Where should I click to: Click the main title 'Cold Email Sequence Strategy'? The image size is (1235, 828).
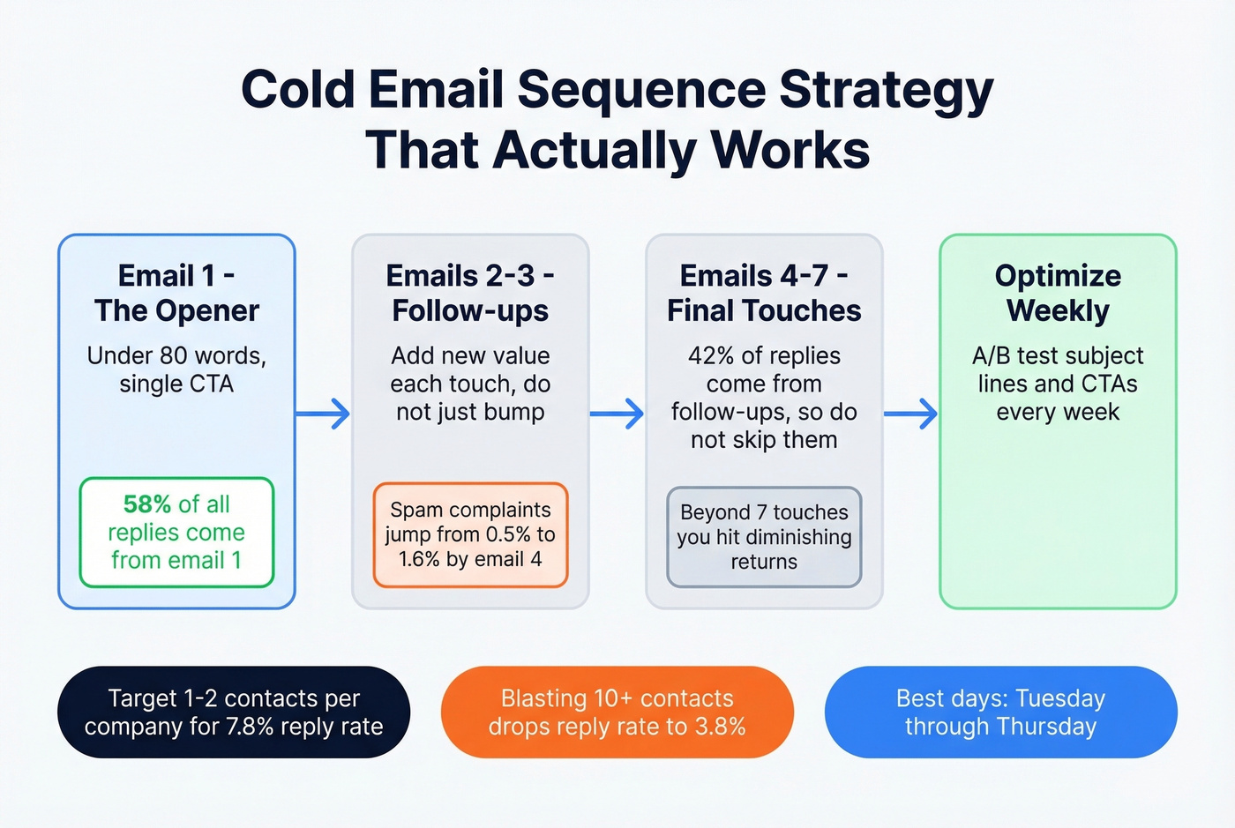pos(617,90)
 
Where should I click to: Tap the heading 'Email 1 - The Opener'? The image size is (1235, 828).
pos(176,293)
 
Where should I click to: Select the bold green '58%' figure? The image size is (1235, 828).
pos(147,504)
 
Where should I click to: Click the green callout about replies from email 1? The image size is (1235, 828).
pos(176,533)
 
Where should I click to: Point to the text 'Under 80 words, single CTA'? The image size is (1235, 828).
pos(176,369)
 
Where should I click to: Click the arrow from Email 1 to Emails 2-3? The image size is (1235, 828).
pos(323,413)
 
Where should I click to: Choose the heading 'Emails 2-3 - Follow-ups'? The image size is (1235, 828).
pos(470,293)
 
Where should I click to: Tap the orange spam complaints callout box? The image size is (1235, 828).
pos(470,534)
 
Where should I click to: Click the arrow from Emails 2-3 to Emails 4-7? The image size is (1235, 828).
pos(617,413)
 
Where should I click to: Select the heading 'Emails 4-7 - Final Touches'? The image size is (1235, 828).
pos(764,293)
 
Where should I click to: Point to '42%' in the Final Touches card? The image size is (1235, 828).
pos(711,356)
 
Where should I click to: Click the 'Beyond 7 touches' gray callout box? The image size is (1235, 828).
pos(764,537)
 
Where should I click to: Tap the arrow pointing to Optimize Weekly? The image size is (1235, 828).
pos(910,413)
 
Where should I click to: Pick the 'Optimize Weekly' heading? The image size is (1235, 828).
pos(1058,293)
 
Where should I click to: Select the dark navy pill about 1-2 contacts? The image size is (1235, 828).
pos(234,712)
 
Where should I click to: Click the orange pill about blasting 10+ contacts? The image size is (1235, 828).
pos(617,712)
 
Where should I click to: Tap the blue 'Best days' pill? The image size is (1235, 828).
pos(1000,712)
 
